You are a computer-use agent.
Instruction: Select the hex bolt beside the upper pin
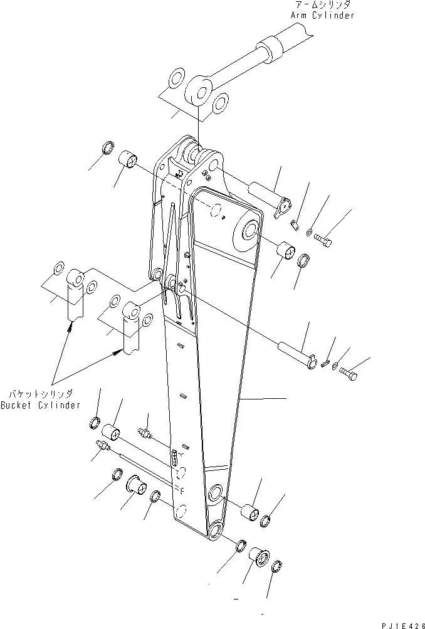coord(324,239)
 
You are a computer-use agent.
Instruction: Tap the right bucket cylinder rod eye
coord(132,310)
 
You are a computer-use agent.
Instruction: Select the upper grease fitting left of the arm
coord(144,434)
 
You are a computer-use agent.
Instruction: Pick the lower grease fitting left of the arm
coord(103,447)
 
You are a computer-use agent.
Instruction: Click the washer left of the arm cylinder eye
coord(176,79)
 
